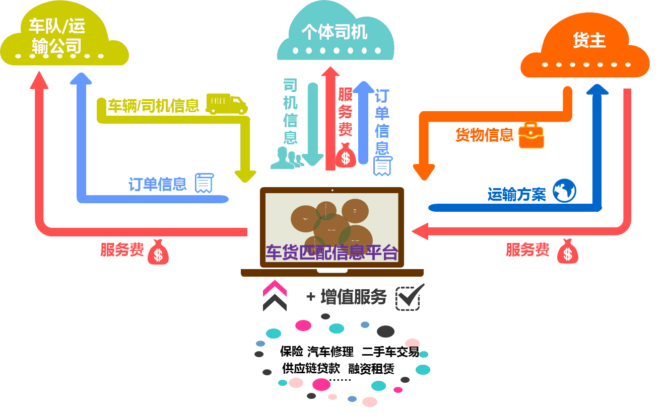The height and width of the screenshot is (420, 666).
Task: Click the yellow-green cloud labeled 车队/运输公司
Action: coord(63,38)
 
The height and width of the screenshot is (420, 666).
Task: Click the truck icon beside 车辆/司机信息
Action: coord(227,104)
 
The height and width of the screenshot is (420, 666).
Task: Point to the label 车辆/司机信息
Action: coord(154,106)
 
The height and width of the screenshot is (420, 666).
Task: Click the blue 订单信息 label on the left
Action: coord(158,184)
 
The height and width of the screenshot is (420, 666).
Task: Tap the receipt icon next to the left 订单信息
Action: coord(204,183)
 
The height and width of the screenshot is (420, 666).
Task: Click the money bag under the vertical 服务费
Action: coord(346,154)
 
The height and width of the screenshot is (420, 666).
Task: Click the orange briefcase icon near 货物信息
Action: coord(531,135)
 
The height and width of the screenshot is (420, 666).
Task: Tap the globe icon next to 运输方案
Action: coord(564,191)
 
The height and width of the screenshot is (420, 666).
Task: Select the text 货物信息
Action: coord(484,135)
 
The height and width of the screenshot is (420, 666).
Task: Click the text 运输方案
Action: coord(516,195)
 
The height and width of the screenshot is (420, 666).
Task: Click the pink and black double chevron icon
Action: coord(275,296)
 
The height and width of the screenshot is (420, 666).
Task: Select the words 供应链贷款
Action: coord(311,368)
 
